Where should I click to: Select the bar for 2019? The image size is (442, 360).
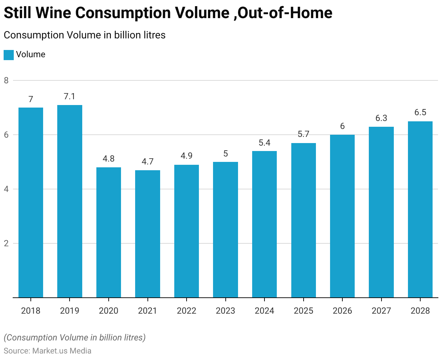coord(70,201)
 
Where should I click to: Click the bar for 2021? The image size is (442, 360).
coord(147,234)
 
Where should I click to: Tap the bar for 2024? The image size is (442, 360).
coord(264,224)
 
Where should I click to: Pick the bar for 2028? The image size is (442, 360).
coord(420,209)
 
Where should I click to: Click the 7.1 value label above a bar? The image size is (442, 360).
coord(70,97)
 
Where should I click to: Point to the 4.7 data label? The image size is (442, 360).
coord(147,162)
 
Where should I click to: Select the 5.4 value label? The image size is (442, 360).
coord(264,143)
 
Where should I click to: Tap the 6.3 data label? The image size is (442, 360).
coord(381,118)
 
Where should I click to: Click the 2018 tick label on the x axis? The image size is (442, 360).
coord(31,311)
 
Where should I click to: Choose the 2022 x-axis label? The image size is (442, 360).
coord(187,311)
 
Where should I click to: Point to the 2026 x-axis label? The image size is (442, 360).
coord(342,311)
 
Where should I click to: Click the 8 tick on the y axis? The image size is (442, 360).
coord(7,80)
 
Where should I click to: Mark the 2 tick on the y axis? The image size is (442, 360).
coord(7,243)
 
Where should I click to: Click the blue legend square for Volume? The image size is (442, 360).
coord(9,55)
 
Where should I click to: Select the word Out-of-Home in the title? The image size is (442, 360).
coord(285,13)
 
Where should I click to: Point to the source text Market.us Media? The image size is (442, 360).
coord(62,351)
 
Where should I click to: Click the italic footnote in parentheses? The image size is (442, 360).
coord(75,338)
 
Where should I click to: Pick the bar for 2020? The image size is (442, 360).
coord(109,232)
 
